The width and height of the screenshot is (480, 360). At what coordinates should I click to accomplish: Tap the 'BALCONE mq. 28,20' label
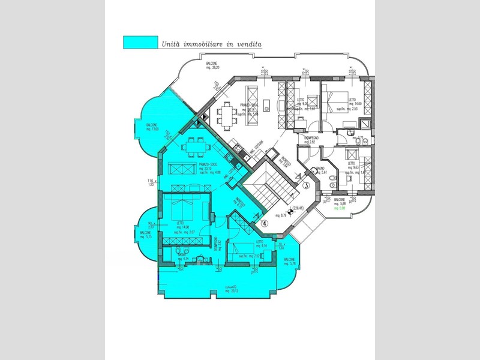[209, 65]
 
